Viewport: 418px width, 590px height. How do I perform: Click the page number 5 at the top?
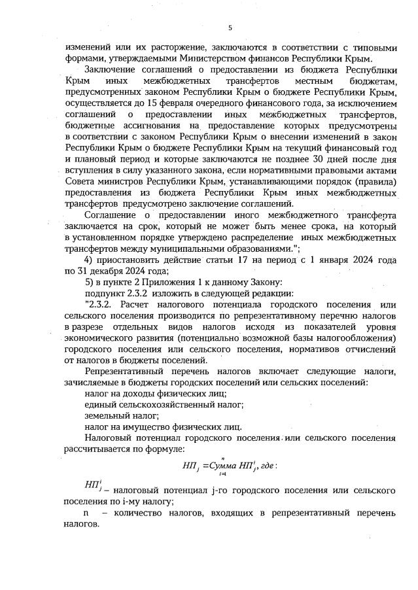click(230, 27)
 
